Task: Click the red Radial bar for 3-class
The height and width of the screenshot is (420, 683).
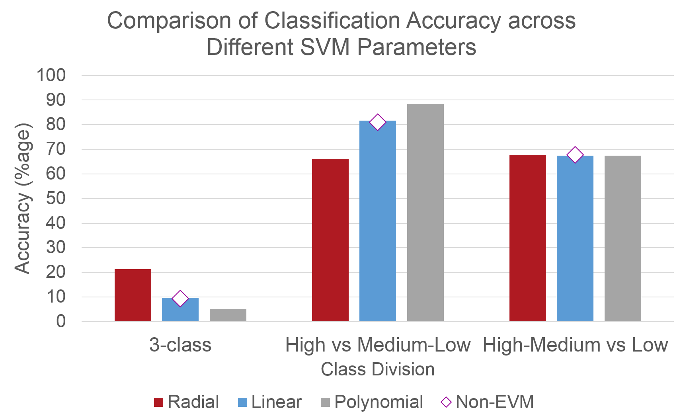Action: pyautogui.click(x=133, y=295)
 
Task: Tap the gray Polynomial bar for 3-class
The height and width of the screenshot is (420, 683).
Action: pyautogui.click(x=228, y=315)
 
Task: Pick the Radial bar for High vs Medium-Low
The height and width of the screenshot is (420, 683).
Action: pyautogui.click(x=330, y=240)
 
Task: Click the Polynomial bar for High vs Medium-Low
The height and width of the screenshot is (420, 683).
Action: pyautogui.click(x=425, y=213)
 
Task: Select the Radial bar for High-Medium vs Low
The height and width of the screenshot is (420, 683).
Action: pyautogui.click(x=527, y=238)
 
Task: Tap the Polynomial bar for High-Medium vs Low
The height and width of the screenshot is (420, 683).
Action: pyautogui.click(x=623, y=238)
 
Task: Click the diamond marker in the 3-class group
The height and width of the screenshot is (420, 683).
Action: pyautogui.click(x=180, y=298)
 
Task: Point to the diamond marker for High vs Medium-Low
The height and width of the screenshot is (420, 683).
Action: pyautogui.click(x=378, y=122)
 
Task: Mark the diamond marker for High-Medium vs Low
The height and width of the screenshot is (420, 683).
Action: pyautogui.click(x=575, y=155)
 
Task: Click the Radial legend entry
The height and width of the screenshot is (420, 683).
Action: pyautogui.click(x=186, y=402)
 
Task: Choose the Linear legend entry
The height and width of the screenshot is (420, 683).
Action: pyautogui.click(x=270, y=402)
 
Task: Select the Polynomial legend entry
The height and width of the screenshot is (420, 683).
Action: pyautogui.click(x=372, y=402)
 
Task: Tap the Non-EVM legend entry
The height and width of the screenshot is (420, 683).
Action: pyautogui.click(x=488, y=402)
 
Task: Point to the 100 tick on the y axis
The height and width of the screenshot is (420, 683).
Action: pyautogui.click(x=51, y=75)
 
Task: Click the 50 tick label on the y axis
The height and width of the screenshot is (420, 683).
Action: pyautogui.click(x=56, y=198)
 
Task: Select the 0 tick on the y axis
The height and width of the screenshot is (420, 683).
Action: pyautogui.click(x=61, y=321)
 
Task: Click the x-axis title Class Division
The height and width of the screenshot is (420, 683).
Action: pyautogui.click(x=377, y=369)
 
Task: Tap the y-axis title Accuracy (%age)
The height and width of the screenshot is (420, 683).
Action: pyautogui.click(x=23, y=198)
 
